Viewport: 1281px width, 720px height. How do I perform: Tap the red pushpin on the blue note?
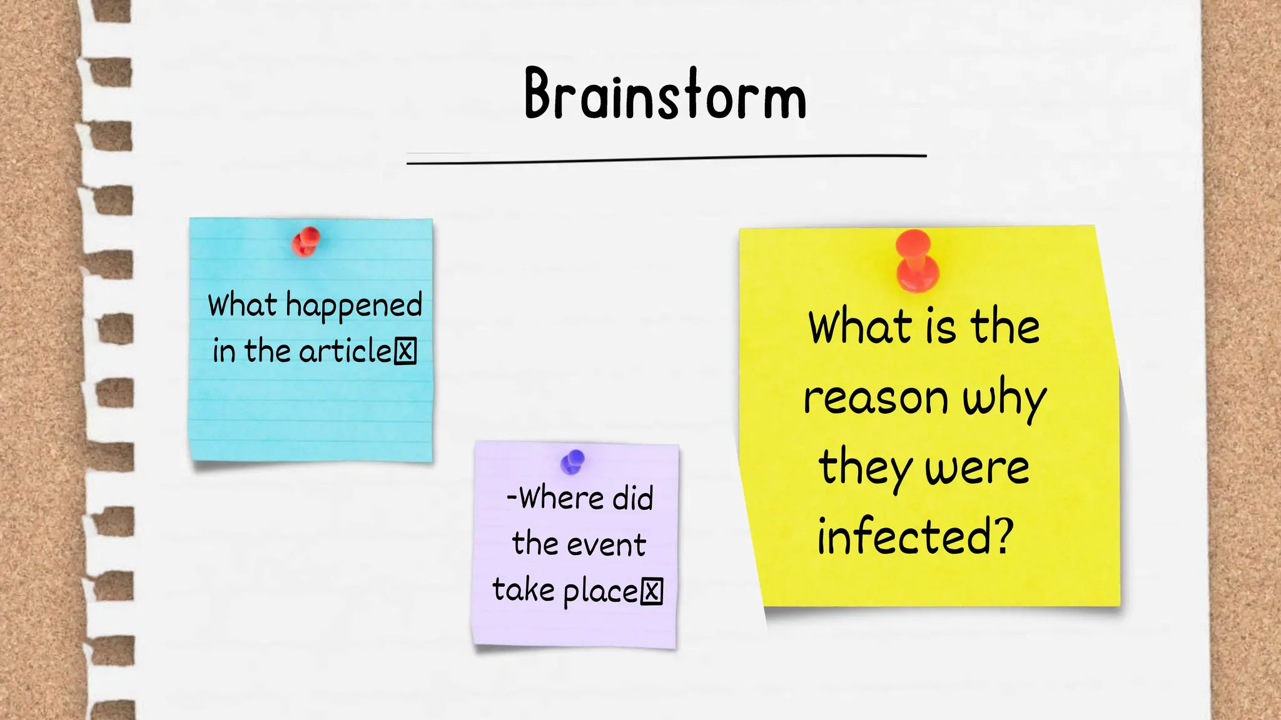(x=306, y=242)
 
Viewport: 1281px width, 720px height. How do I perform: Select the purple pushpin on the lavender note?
(x=572, y=462)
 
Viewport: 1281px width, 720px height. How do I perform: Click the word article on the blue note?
(x=345, y=351)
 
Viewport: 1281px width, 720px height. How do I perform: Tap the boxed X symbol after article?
(x=405, y=351)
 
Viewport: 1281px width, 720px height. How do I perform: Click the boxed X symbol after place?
(x=652, y=591)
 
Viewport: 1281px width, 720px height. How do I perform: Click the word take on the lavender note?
(x=524, y=590)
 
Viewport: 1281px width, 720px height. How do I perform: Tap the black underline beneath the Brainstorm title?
(x=666, y=159)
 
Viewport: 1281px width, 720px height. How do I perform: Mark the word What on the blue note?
(x=242, y=306)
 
